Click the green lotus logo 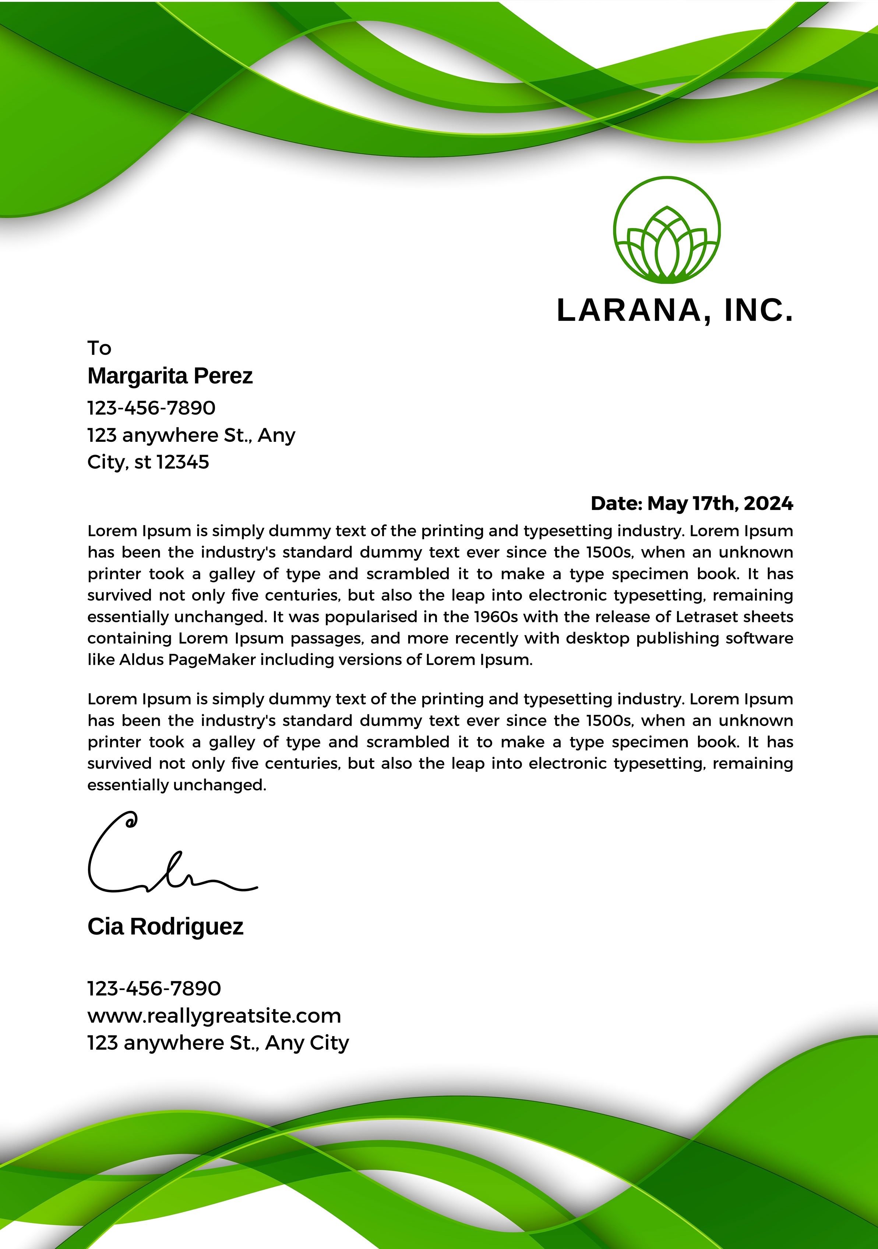tap(667, 230)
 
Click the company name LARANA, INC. tap(675, 311)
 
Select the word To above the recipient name tap(99, 348)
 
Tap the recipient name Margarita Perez tap(170, 376)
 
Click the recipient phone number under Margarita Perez tap(151, 408)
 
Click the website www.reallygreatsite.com tap(214, 1016)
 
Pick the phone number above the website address tap(154, 989)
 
